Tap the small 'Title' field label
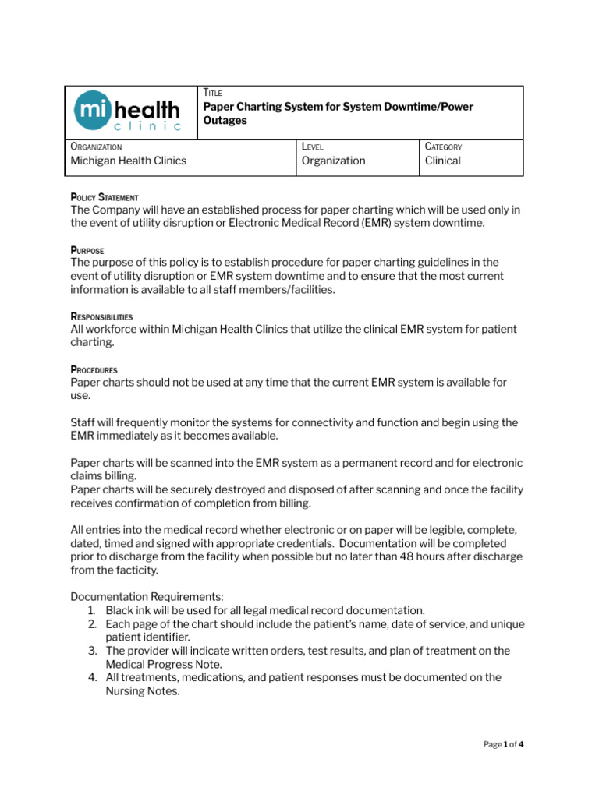click(212, 93)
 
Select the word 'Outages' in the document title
click(225, 121)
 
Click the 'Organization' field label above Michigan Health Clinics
click(96, 147)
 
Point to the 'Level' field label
click(312, 147)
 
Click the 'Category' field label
click(443, 147)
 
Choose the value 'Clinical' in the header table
click(442, 161)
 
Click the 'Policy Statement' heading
click(105, 198)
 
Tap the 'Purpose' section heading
click(87, 251)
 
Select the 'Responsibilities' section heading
click(101, 317)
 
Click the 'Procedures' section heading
click(94, 370)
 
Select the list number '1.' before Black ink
click(94, 610)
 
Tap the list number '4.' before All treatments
click(94, 677)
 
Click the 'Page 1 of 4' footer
click(503, 744)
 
